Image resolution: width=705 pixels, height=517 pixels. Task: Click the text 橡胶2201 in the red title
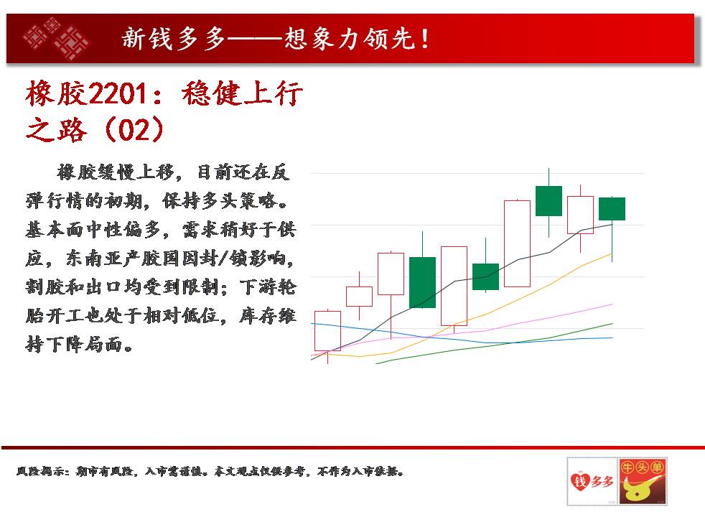tap(86, 93)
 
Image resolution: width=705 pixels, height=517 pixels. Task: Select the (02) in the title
tap(134, 129)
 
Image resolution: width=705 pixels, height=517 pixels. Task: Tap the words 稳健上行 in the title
tap(242, 93)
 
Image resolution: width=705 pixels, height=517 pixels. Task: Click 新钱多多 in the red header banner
tap(174, 38)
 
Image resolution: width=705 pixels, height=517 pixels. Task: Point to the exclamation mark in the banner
tap(425, 38)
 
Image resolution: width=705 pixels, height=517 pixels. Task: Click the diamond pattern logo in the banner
tap(56, 38)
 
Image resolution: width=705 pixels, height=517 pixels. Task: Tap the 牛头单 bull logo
tap(642, 481)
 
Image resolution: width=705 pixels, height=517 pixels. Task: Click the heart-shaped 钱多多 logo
tap(592, 481)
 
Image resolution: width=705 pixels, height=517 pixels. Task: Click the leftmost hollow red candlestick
tap(327, 331)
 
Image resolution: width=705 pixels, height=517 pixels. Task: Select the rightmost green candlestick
tap(612, 209)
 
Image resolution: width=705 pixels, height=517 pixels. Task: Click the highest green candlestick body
tap(549, 201)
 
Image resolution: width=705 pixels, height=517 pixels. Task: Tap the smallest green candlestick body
tap(485, 277)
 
